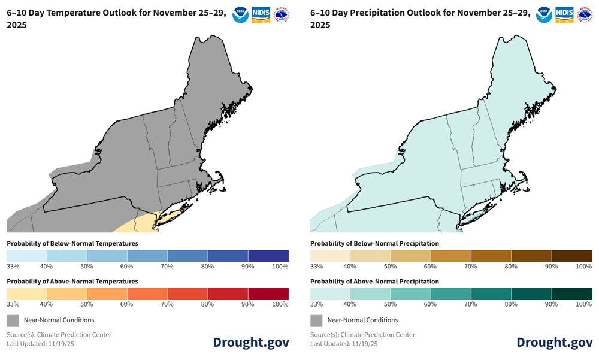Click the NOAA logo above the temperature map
[241, 14]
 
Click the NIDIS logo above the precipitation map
[564, 14]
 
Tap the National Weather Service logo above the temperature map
[282, 14]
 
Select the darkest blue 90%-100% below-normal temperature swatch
[268, 256]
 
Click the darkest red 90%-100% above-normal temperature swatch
[268, 294]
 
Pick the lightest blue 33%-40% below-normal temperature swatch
[26, 256]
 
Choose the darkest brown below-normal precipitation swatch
[572, 256]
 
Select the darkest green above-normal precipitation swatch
[572, 294]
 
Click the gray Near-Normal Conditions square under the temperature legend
[13, 320]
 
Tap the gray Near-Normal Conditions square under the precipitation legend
[316, 320]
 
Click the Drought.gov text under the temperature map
[251, 342]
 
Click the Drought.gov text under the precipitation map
[555, 342]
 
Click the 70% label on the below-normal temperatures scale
[168, 267]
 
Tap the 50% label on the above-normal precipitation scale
[391, 304]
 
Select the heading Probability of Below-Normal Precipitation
[374, 243]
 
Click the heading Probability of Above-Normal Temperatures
[72, 281]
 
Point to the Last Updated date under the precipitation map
[344, 344]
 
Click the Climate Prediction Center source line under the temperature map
[59, 335]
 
